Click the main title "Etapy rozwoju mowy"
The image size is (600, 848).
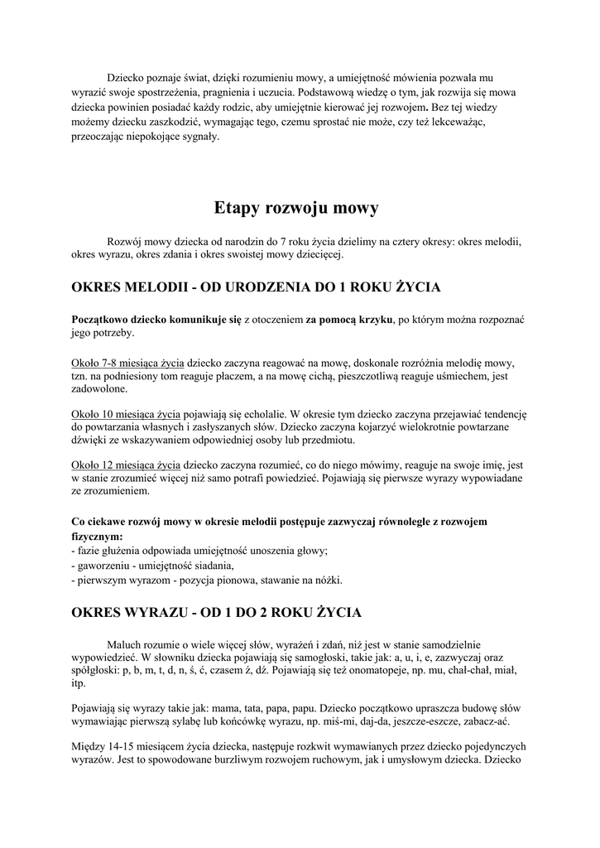pyautogui.click(x=295, y=207)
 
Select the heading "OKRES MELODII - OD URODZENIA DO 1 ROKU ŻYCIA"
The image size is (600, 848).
pyautogui.click(x=256, y=288)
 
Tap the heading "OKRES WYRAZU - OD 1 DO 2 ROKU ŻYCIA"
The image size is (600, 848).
pyautogui.click(x=217, y=613)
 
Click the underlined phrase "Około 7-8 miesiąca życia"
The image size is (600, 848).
pyautogui.click(x=127, y=363)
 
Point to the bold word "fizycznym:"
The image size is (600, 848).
pyautogui.click(x=98, y=537)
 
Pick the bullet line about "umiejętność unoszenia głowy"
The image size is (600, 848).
pyautogui.click(x=200, y=551)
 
